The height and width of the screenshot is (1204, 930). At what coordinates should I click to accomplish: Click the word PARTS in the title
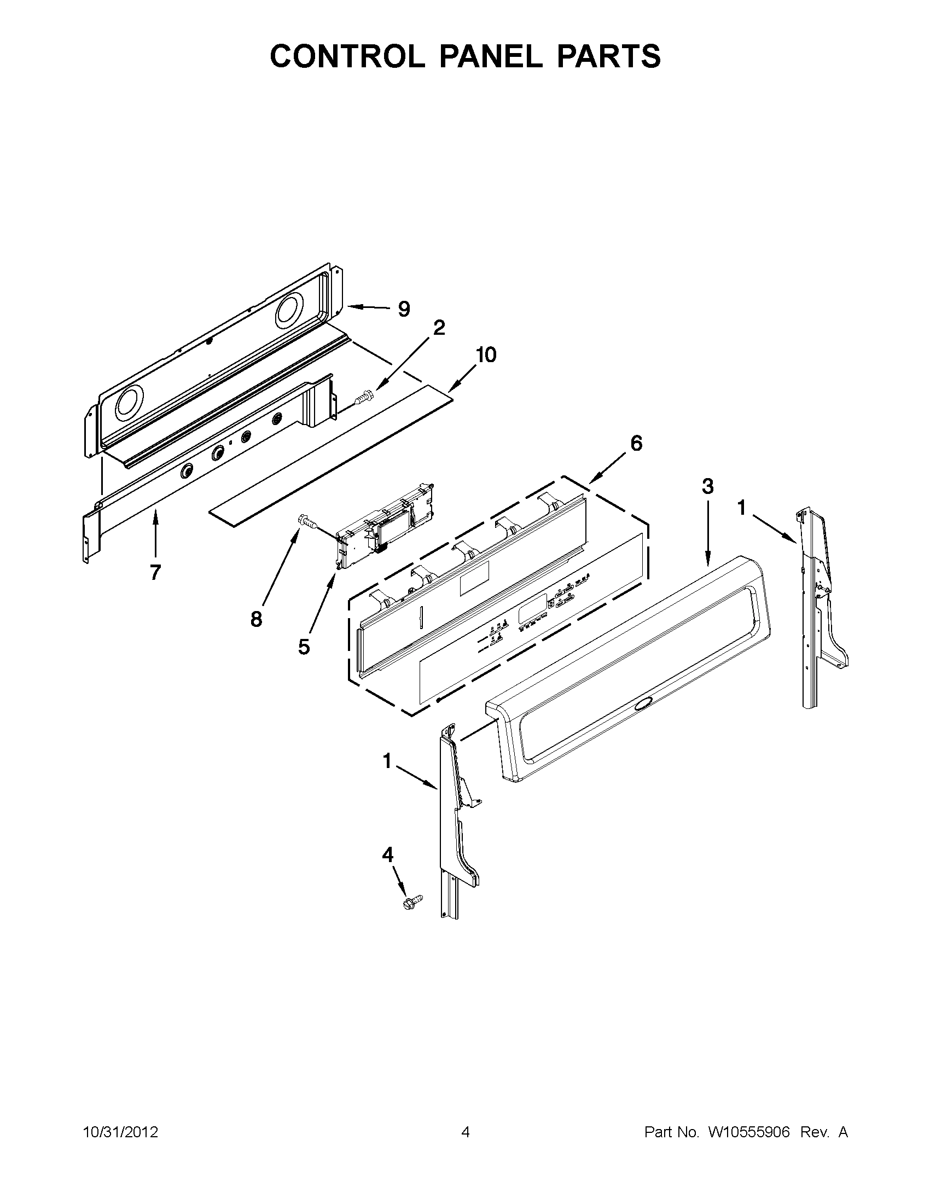608,56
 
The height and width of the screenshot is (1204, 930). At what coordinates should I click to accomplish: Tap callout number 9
404,309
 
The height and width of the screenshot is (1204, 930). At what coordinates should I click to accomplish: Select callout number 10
486,354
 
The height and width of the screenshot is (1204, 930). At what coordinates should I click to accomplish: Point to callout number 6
636,443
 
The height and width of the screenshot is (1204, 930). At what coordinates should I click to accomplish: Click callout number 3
707,486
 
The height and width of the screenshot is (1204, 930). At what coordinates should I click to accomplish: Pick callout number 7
155,572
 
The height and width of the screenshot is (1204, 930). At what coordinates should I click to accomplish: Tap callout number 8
257,619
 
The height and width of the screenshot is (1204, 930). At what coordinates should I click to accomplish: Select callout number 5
304,647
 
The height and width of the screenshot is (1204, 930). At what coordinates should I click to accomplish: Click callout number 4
387,854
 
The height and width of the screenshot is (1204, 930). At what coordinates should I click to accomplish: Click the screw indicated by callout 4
412,901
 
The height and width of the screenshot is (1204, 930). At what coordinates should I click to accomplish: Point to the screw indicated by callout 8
306,520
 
